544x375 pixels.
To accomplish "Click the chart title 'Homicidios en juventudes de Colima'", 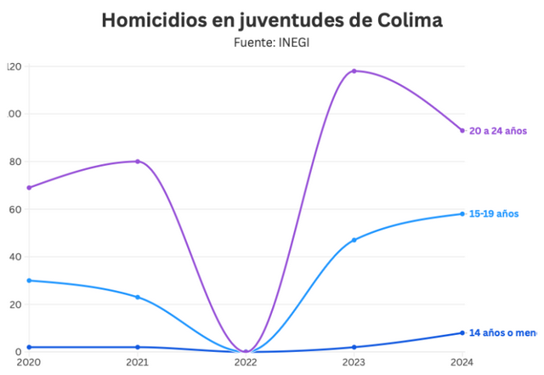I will [271, 20].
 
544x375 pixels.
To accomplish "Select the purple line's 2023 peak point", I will [354, 71].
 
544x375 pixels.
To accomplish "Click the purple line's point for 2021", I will [138, 162].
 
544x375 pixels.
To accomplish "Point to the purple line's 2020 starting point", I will [29, 188].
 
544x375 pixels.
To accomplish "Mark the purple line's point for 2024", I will [462, 130].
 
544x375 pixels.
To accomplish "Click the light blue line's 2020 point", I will [29, 281].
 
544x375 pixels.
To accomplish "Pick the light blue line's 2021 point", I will [138, 297].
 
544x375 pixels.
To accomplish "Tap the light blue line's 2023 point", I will [354, 240].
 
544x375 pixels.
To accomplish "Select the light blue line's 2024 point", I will [462, 213].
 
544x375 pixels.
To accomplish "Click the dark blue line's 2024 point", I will [462, 332].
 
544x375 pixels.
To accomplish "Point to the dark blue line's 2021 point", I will [138, 347].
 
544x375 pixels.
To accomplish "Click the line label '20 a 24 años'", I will [498, 131].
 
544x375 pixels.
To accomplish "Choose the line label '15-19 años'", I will [494, 213].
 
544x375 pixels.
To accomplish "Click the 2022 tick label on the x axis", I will [246, 363].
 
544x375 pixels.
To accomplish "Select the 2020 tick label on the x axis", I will [29, 363].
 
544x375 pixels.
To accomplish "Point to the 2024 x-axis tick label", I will [462, 363].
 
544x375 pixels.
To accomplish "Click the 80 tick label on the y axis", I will [13, 162].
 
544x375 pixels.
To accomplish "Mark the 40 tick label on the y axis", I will [13, 257].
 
